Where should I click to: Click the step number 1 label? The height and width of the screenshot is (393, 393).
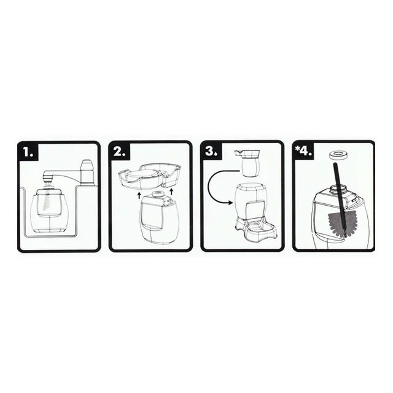(28, 152)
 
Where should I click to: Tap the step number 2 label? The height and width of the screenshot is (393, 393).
(120, 152)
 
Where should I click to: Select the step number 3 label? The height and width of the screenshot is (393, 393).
(211, 152)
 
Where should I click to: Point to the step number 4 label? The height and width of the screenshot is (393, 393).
(306, 152)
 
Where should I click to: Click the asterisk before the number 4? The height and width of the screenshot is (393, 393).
(297, 149)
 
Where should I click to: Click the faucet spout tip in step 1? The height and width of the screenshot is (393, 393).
(48, 179)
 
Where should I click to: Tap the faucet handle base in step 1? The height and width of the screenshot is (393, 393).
(87, 173)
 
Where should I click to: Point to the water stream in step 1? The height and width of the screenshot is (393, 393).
(47, 198)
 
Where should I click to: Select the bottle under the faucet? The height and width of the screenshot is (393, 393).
(49, 210)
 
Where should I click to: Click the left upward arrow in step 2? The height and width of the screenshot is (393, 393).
(139, 195)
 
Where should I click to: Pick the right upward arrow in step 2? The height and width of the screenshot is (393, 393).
(172, 192)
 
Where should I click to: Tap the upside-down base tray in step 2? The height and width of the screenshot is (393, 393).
(149, 176)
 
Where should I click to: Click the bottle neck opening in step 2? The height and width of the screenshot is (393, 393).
(158, 193)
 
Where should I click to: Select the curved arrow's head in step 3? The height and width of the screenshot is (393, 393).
(230, 203)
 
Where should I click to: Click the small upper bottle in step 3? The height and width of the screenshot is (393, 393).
(247, 163)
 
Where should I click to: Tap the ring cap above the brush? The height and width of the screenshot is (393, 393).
(338, 155)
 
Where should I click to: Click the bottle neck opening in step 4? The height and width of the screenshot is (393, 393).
(339, 187)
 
